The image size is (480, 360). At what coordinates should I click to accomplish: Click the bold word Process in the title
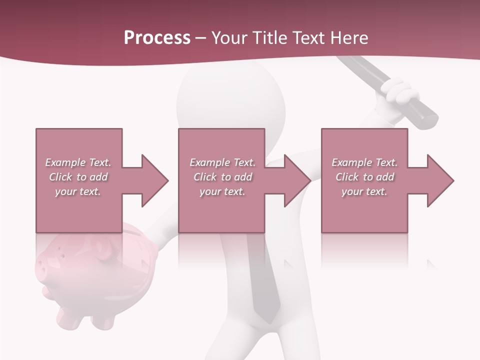coord(157,37)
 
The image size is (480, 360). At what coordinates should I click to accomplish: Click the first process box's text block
coord(78,177)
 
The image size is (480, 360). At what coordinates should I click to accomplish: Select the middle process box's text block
coord(222,177)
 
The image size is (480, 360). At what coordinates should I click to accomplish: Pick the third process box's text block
coord(364,177)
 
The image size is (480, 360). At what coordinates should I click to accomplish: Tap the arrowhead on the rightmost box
coord(439,180)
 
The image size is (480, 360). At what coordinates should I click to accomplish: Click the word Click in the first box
coord(61,177)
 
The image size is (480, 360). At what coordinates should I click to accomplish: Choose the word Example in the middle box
coord(208,162)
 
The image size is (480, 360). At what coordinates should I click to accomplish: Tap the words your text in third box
coord(364,191)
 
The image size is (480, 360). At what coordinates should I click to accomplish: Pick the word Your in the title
coord(228,37)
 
